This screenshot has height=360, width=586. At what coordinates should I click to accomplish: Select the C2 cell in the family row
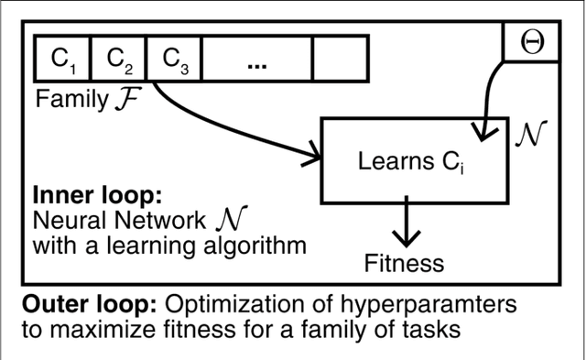[x=120, y=60]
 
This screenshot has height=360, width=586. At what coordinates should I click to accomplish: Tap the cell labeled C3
[x=175, y=60]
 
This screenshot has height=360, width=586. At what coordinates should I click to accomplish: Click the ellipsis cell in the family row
[x=257, y=60]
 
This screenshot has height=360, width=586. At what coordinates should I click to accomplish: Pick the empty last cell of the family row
[x=340, y=60]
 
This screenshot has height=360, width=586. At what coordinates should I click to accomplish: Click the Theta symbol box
[x=529, y=43]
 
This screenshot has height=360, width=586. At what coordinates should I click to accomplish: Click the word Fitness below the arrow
[x=404, y=264]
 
